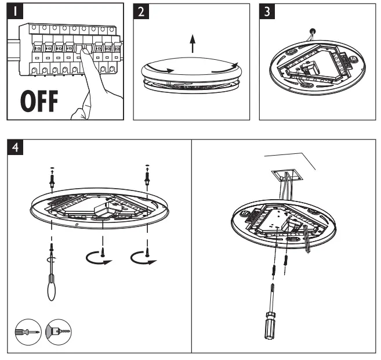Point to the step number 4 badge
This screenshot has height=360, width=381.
point(14,147)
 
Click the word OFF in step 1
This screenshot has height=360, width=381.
point(35,100)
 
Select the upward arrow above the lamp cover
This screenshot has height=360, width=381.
point(192,42)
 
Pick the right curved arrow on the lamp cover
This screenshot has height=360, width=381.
point(223,67)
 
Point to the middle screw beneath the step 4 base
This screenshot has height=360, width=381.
point(103,251)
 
